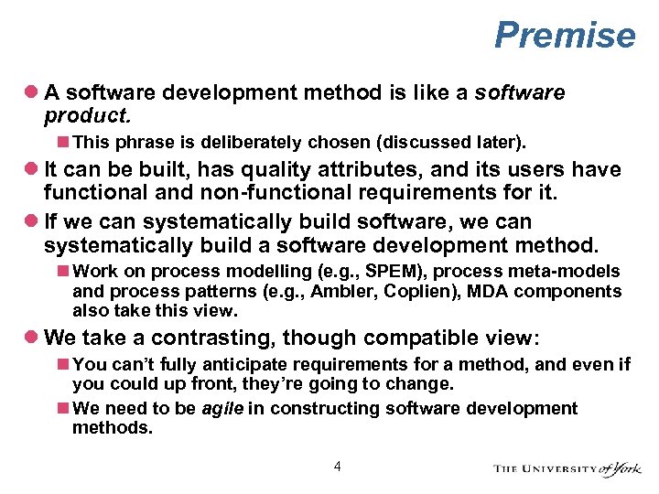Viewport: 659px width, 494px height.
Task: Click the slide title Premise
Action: click(564, 36)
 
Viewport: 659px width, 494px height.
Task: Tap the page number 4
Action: click(338, 467)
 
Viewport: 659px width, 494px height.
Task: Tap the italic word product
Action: click(88, 116)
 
